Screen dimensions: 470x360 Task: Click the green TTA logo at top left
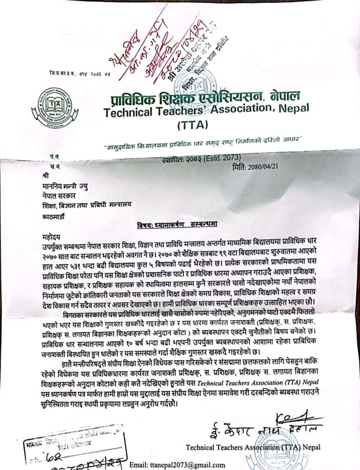coord(55,107)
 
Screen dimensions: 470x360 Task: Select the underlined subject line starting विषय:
coord(179,224)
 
